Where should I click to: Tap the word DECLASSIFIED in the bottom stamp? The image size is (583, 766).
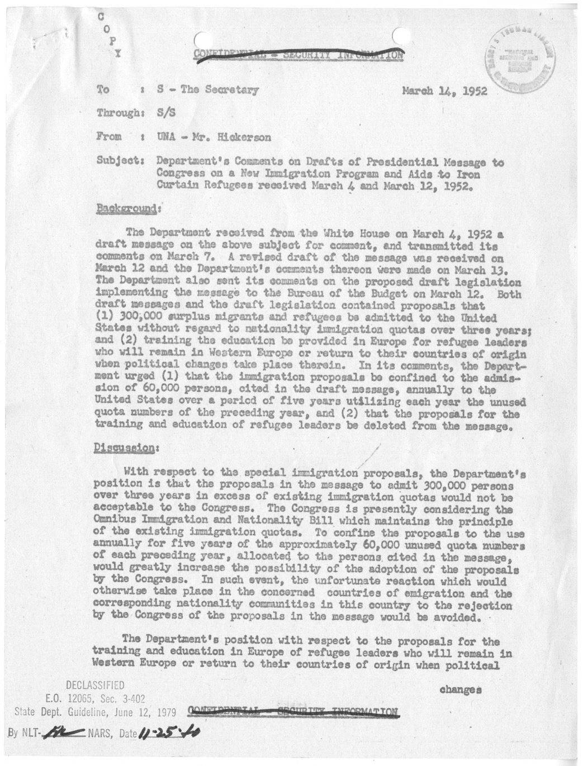tap(95, 685)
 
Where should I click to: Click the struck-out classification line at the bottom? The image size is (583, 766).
tap(295, 711)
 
